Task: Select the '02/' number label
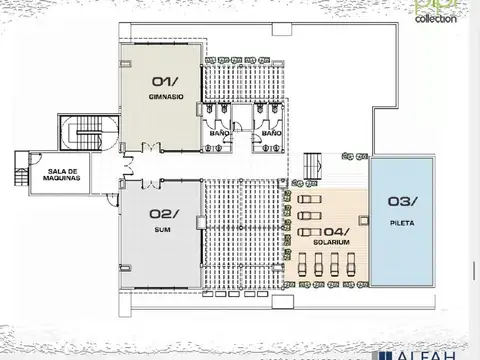[x=164, y=213]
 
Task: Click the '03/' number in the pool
[x=401, y=201]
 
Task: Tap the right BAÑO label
[x=270, y=132]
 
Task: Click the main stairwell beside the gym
[x=83, y=134]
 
